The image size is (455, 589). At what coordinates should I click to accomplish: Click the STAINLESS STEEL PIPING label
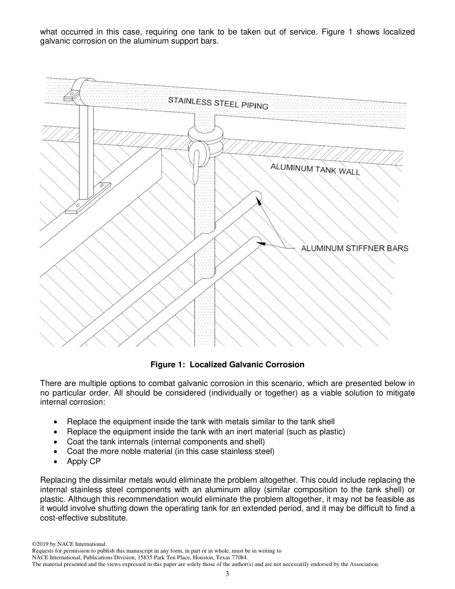(x=218, y=102)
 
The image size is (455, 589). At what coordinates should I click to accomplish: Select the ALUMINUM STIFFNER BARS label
(x=354, y=248)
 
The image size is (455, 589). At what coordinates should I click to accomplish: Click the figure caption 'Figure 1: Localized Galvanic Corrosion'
(x=227, y=365)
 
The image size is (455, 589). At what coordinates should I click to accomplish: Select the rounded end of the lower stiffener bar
(x=256, y=240)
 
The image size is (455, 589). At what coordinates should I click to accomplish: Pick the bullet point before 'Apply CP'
(x=57, y=462)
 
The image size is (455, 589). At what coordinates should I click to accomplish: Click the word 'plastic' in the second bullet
(x=330, y=432)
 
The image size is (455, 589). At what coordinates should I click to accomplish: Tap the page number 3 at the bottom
(x=227, y=575)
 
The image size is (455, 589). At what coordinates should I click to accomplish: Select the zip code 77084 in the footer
(x=239, y=557)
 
